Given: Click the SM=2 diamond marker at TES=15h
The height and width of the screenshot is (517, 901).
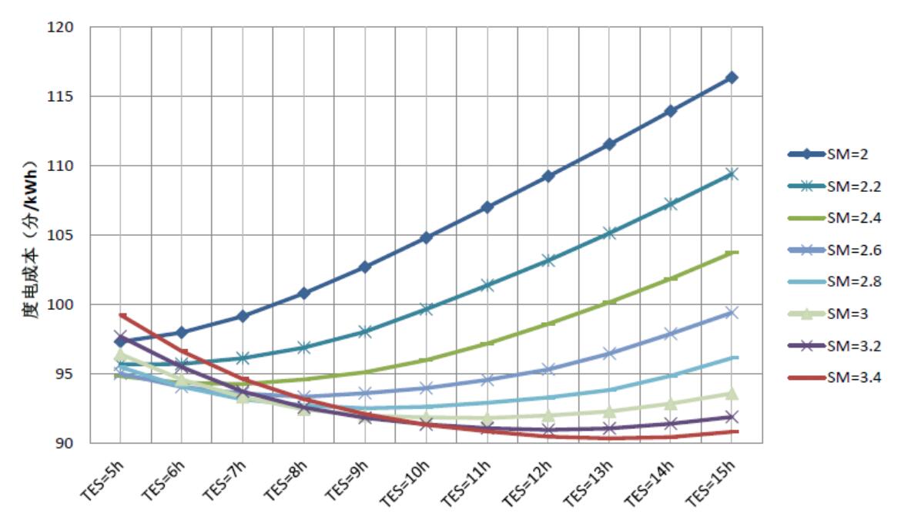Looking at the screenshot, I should (x=732, y=78).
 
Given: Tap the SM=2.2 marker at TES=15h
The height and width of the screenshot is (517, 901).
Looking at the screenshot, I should (x=732, y=174).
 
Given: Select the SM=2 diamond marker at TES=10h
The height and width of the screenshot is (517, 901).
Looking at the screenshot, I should (x=426, y=237).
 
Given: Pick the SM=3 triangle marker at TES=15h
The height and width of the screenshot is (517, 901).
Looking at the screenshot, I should (x=732, y=394).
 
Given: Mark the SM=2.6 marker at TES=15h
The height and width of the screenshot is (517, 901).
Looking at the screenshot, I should (x=732, y=312).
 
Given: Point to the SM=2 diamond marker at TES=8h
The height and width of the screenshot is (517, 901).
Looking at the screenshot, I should (x=304, y=293).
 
